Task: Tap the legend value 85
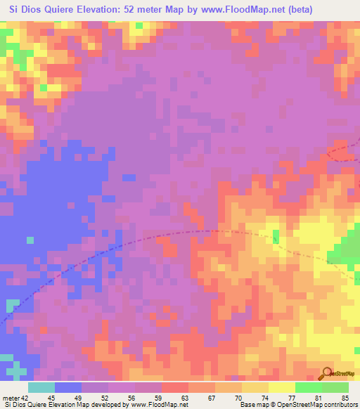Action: (345, 398)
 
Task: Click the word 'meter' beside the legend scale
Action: (10, 398)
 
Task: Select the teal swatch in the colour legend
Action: (41, 387)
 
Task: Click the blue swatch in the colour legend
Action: (68, 387)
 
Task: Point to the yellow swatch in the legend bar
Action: (282, 387)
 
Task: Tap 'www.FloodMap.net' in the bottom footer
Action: (155, 405)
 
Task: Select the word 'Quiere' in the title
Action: (61, 9)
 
